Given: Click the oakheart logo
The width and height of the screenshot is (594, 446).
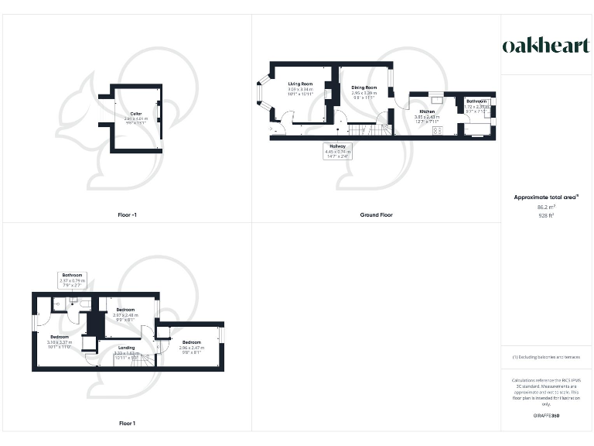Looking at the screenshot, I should (x=547, y=46).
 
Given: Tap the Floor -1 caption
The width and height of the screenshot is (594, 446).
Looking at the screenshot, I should (x=125, y=214).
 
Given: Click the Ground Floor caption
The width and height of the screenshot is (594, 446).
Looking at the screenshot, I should (x=376, y=214).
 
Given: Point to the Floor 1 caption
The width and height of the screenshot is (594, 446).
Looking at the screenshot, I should (x=127, y=424).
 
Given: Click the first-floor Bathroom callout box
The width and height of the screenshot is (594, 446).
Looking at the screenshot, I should (x=73, y=280).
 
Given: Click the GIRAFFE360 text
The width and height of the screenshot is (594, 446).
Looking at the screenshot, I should (x=547, y=416).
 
